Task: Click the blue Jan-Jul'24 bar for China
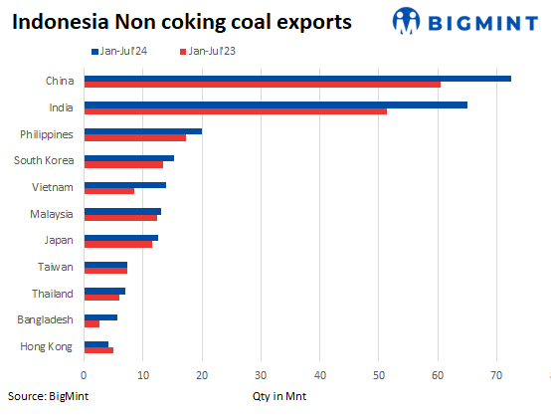coord(297,78)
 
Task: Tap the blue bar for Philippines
coord(143,130)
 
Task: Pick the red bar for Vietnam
coord(109,190)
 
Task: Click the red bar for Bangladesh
coord(92,323)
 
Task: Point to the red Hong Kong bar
coord(98,349)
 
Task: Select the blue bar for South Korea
coord(129,157)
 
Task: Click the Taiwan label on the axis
coord(57,267)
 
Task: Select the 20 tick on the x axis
coord(202,375)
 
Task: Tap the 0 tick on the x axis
coord(85,375)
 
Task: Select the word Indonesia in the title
coord(59,19)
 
